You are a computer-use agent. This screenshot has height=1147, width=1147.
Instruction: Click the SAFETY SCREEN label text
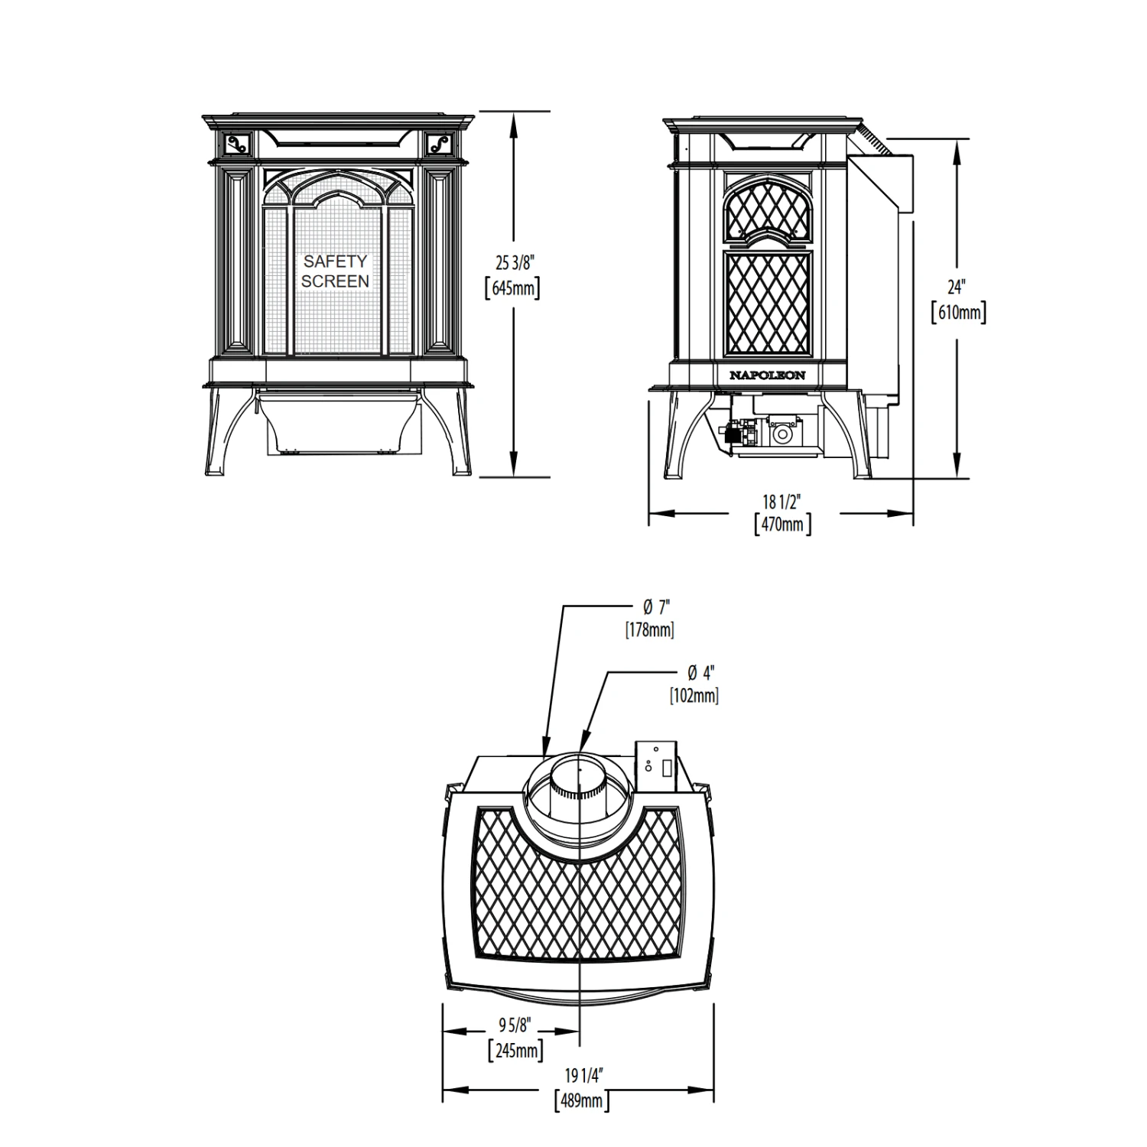[x=335, y=271]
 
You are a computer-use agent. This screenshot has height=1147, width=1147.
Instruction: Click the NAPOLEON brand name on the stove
[x=767, y=375]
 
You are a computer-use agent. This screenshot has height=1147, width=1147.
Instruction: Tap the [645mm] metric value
[x=513, y=290]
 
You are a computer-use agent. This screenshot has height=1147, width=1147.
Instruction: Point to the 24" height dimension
[x=957, y=288]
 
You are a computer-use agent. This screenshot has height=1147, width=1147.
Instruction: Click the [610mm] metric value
[x=958, y=313]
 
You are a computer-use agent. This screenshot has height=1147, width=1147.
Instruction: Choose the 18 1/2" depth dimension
[x=781, y=502]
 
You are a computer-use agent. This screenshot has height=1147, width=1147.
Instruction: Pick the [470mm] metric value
[x=782, y=525]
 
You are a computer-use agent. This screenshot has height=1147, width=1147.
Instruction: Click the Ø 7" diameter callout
[x=656, y=608]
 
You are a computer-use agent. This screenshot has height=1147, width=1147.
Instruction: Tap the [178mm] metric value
[x=649, y=630]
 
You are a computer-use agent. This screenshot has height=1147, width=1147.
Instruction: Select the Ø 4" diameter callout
[x=700, y=673]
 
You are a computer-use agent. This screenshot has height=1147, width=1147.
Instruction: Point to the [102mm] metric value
[x=694, y=695]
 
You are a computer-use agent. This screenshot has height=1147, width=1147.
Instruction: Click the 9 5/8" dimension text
[x=515, y=1024]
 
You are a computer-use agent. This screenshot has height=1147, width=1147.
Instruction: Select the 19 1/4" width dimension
[x=584, y=1076]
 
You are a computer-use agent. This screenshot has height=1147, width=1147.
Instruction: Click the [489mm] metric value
[x=581, y=1101]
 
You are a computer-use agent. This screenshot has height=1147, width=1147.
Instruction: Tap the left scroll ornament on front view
[x=238, y=143]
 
